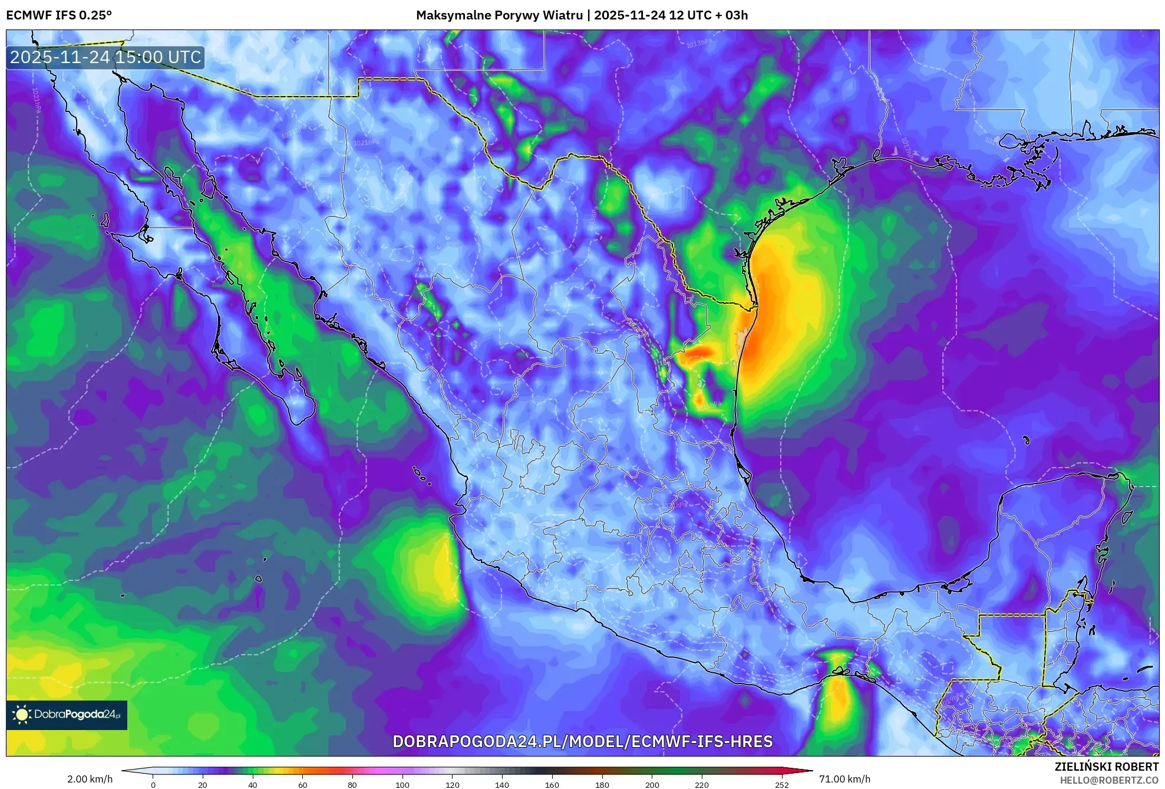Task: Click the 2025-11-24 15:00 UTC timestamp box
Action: pyautogui.click(x=105, y=57)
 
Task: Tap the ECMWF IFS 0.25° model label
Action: pyautogui.click(x=59, y=15)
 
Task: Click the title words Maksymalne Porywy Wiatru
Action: pyautogui.click(x=499, y=15)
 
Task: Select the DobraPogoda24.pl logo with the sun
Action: pyautogui.click(x=67, y=715)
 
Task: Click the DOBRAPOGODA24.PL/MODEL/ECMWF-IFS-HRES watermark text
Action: pyautogui.click(x=582, y=741)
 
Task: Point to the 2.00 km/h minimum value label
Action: pyautogui.click(x=90, y=779)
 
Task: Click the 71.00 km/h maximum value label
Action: pyautogui.click(x=844, y=779)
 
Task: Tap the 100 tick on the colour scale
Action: pyautogui.click(x=402, y=784)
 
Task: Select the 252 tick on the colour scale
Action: pyautogui.click(x=782, y=784)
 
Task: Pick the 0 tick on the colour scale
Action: pyautogui.click(x=153, y=784)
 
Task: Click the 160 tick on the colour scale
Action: pyautogui.click(x=552, y=784)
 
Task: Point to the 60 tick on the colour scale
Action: pyautogui.click(x=303, y=784)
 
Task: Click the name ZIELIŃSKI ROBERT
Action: pyautogui.click(x=1106, y=767)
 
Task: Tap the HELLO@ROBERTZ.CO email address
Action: pyautogui.click(x=1109, y=780)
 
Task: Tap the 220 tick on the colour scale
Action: pyautogui.click(x=702, y=784)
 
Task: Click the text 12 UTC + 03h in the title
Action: pyautogui.click(x=708, y=15)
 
